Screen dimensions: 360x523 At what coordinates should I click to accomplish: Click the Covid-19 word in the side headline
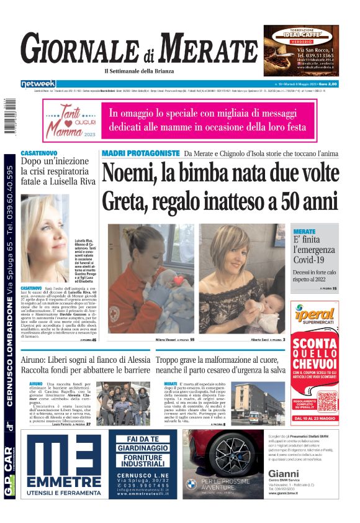314,265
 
